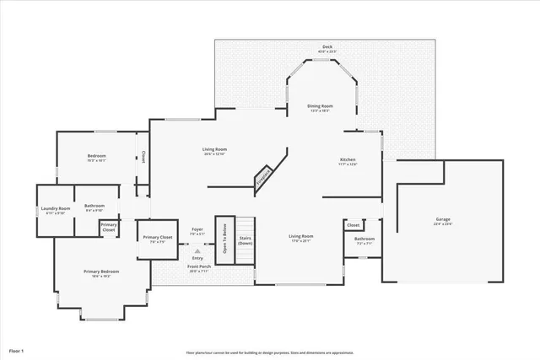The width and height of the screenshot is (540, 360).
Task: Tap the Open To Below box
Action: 224,239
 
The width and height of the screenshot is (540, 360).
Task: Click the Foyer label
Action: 197,230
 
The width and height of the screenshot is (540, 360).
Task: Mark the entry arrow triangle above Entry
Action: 197,250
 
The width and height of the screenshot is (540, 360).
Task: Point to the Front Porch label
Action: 199,268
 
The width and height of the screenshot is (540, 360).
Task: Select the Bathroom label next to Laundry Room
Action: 94,207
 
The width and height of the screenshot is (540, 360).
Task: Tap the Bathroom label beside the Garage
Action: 364,240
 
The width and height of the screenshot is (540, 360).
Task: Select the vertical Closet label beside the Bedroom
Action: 143,156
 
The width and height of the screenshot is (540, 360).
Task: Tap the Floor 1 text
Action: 17,349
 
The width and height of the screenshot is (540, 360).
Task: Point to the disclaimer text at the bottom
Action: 270,352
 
